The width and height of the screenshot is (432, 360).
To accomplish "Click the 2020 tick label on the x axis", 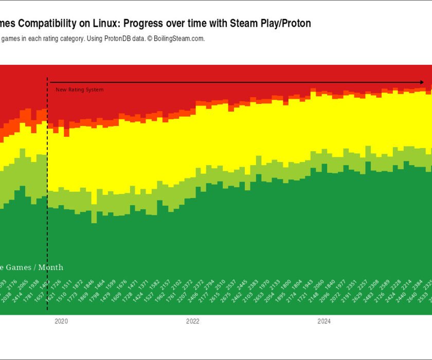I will click(x=61, y=322).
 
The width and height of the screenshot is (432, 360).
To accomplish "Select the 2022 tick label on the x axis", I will click(x=193, y=322).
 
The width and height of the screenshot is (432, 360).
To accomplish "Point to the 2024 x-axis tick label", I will click(x=324, y=322).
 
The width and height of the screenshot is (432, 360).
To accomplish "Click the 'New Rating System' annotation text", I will click(x=80, y=90).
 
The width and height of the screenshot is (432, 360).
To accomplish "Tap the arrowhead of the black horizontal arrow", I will click(x=421, y=82).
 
